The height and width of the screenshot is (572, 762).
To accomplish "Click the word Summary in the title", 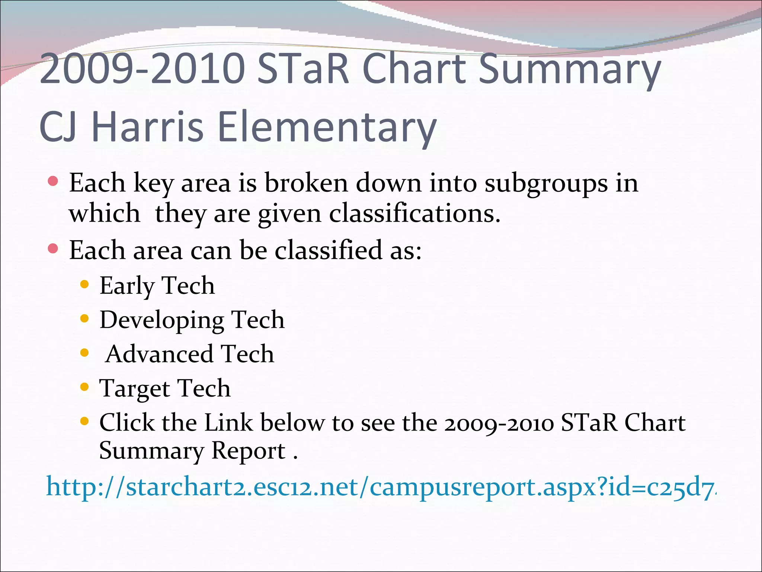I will pos(569,69).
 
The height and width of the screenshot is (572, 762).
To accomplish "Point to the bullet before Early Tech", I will pos(85,285).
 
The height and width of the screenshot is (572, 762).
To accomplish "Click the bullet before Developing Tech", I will pos(85,319).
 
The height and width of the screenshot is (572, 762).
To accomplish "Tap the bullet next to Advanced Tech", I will pos(85,353).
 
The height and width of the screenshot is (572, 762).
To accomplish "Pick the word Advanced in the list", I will pos(159,354).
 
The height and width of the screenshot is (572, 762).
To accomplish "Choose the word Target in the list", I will pos(134,388).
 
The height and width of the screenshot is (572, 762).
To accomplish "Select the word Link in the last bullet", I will pos(229,423).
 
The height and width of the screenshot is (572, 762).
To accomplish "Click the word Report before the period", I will pos(248,451).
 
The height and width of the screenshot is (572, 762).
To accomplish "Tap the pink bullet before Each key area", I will pos(53,181).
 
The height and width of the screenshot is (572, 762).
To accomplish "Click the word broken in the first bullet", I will pos(306,183).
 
